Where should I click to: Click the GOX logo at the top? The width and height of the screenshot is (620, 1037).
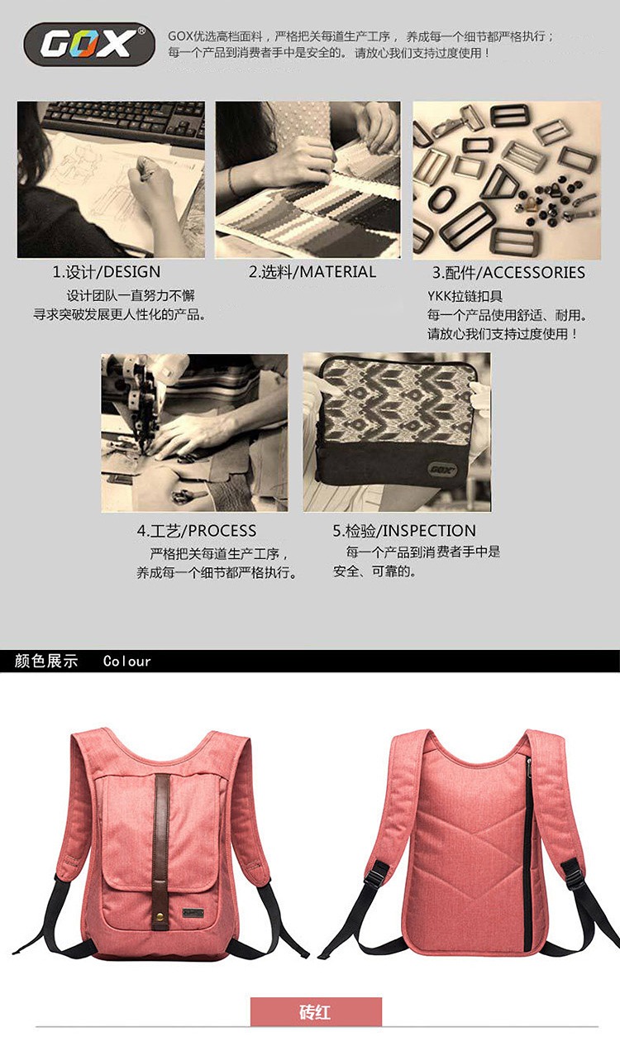pyautogui.click(x=88, y=45)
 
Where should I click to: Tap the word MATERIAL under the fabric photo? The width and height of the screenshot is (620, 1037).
pyautogui.click(x=337, y=272)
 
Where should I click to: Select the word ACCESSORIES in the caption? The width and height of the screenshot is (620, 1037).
pyautogui.click(x=533, y=273)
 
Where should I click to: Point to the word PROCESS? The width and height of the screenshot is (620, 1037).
pyautogui.click(x=222, y=531)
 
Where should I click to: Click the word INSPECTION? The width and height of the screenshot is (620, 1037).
pyautogui.click(x=429, y=531)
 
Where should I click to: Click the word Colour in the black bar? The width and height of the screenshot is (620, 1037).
pyautogui.click(x=126, y=661)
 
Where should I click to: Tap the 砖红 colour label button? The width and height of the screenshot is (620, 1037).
pyautogui.click(x=316, y=1011)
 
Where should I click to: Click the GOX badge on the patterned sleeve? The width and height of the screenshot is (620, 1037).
pyautogui.click(x=442, y=469)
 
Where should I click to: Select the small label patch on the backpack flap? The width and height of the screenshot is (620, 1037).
pyautogui.click(x=193, y=910)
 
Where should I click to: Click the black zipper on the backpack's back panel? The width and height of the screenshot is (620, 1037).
pyautogui.click(x=527, y=852)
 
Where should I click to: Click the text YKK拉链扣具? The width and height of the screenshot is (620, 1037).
pyautogui.click(x=465, y=296)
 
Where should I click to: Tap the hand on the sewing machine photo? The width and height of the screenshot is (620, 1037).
pyautogui.click(x=194, y=434)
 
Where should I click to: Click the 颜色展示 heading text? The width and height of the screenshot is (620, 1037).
pyautogui.click(x=46, y=661)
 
